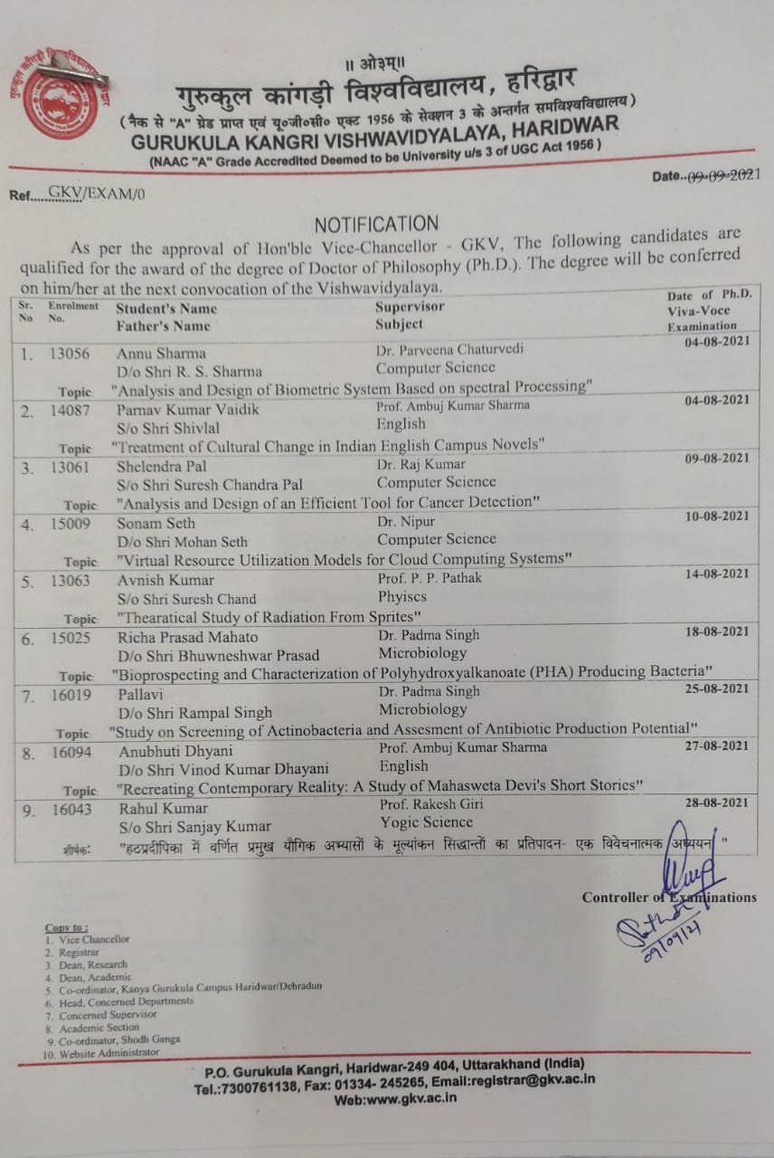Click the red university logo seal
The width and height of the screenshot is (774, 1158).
(61, 98)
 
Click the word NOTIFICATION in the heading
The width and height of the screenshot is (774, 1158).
(375, 223)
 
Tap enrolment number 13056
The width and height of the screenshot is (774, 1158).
(70, 354)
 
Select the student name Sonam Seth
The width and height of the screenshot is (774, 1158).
(156, 523)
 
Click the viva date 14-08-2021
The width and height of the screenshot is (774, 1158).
(718, 574)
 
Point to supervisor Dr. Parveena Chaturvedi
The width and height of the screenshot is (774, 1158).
(449, 349)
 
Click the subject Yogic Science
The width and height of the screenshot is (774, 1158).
(426, 822)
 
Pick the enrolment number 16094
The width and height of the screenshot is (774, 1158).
(71, 751)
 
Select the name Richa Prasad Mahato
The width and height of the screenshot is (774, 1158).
(186, 636)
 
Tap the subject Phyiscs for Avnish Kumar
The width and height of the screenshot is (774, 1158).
(401, 597)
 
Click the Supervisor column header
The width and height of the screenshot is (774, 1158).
(409, 308)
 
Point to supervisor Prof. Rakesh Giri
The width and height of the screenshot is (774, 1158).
(430, 804)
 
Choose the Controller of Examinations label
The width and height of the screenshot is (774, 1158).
(669, 897)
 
